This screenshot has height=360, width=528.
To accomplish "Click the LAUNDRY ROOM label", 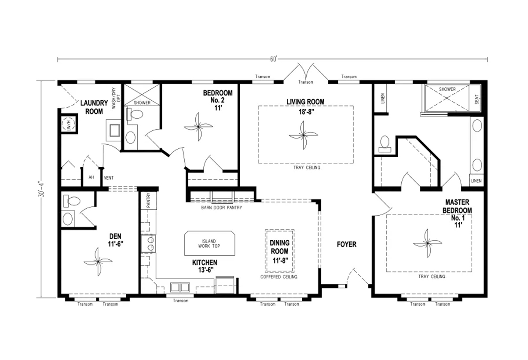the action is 94,107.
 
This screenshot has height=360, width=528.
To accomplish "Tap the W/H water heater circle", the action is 68,124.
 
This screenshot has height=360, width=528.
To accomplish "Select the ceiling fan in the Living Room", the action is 303,135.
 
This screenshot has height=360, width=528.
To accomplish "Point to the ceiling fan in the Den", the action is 98,261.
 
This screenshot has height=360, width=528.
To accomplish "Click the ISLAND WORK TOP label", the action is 209,243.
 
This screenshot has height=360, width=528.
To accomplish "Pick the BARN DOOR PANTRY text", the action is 222,208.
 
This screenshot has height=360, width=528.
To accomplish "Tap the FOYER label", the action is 347,244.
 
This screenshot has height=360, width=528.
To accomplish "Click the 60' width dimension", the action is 273,59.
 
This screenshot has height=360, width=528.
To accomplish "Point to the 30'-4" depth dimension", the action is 42,189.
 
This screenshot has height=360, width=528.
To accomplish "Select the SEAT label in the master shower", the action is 477,99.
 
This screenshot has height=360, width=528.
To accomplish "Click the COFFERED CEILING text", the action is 279,277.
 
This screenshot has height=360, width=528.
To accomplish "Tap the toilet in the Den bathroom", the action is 72,201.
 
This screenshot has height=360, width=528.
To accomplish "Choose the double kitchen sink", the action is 180,287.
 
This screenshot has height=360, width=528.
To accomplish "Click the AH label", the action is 91,177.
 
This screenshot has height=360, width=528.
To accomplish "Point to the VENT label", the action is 109,178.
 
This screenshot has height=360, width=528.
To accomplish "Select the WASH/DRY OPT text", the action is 116,98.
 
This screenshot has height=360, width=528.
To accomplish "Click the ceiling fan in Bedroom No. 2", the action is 198,127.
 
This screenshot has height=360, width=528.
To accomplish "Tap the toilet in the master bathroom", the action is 385,143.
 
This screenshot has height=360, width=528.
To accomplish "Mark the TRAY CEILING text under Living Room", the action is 307,168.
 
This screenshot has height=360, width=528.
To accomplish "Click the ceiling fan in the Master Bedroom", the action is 427,243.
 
